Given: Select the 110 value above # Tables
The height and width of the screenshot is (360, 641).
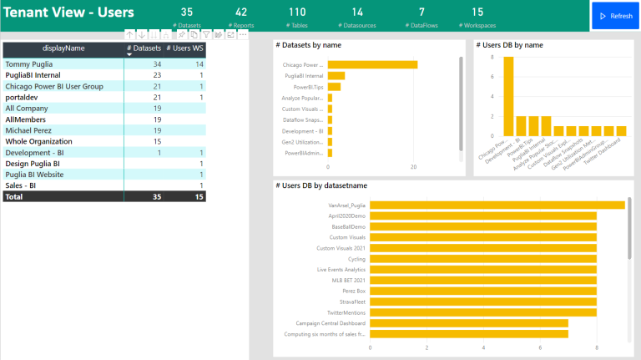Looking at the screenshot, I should point(297,12).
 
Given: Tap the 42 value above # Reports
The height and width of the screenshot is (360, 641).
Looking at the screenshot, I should point(241,12).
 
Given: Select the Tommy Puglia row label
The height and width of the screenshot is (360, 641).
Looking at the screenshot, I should point(29,63).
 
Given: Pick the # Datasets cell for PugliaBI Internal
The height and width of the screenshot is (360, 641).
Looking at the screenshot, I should point(155,75).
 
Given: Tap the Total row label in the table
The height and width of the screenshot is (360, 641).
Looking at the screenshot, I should point(14,196).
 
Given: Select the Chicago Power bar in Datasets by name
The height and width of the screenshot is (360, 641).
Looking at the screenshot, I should point(372,64).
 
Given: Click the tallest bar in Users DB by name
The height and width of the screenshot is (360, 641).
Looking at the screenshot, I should point(508,95).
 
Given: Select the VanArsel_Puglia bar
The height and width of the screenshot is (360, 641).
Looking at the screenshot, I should point(497,205).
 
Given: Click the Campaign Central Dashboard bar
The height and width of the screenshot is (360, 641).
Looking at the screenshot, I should point(468,323).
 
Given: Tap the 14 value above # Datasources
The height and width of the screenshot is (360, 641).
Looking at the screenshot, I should point(357,12).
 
